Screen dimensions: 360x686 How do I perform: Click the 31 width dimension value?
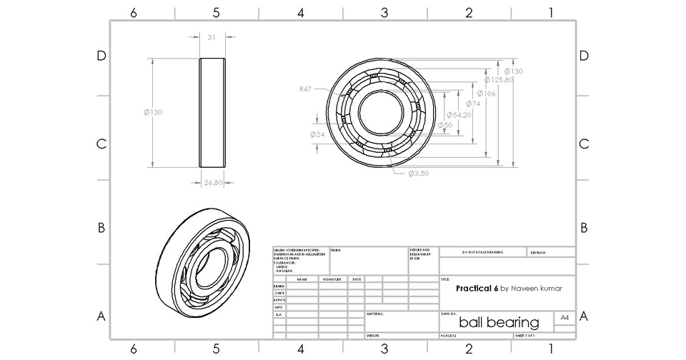pyautogui.click(x=212, y=38)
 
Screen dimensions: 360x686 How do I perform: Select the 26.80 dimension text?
pyautogui.click(x=212, y=183)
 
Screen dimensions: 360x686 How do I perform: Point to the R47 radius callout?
pyautogui.click(x=306, y=89)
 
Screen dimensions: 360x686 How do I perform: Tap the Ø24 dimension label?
pyautogui.click(x=317, y=134)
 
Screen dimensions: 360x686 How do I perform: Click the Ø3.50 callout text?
pyautogui.click(x=418, y=174)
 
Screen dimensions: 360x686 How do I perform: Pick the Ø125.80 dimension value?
pyautogui.click(x=499, y=80)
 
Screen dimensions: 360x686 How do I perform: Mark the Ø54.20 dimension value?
pyautogui.click(x=459, y=115)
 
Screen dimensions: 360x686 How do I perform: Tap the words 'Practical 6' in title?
pyautogui.click(x=477, y=289)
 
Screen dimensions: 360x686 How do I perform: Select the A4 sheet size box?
pyautogui.click(x=565, y=317)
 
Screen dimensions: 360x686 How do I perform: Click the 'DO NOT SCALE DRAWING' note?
pyautogui.click(x=482, y=252)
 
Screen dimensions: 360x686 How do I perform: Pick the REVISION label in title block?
pyautogui.click(x=538, y=252)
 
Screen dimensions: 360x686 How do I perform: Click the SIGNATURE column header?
pyautogui.click(x=332, y=279)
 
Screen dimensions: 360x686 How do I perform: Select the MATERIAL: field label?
pyautogui.click(x=376, y=314)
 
